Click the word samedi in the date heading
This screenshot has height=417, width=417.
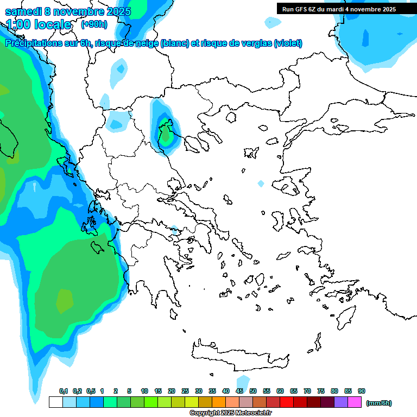coord(24,11)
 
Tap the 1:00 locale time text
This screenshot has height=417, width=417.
coord(39,24)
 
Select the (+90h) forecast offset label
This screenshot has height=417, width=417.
coord(94,24)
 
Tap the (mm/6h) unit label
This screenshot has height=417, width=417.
coord(378,403)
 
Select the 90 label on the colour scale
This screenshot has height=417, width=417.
coord(362,391)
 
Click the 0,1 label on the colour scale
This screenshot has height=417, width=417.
coord(63,391)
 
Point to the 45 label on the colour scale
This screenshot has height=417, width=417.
coord(239,391)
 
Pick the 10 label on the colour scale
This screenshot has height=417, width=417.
coord(144,391)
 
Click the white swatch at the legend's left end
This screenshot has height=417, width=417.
coord(55,402)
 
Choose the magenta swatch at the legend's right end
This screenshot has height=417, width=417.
coord(355,402)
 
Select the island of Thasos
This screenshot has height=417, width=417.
coord(231,118)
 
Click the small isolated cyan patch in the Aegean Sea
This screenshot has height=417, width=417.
coord(261,184)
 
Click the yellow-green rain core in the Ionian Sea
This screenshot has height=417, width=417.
coord(64,300)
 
